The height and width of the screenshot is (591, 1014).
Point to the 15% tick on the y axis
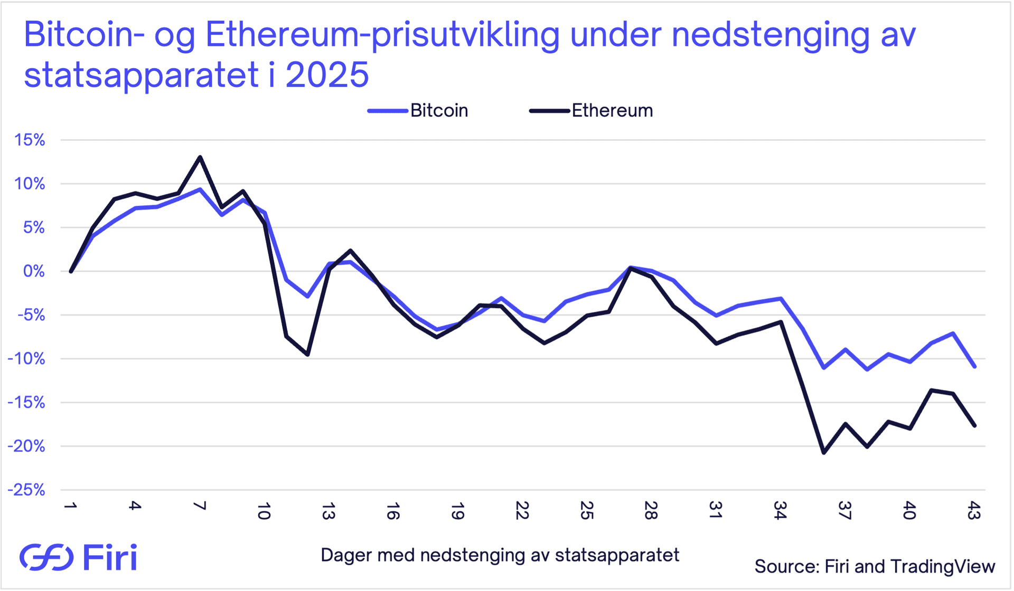click(30, 140)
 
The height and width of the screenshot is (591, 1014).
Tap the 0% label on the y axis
click(34, 271)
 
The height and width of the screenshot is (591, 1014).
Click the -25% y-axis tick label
click(26, 490)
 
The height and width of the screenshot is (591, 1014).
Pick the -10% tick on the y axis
click(26, 359)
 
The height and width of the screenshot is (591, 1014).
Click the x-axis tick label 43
click(974, 511)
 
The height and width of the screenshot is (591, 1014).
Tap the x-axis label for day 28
click(651, 511)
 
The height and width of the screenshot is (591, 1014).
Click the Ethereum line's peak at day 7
click(200, 157)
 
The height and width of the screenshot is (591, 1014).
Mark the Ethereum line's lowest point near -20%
click(824, 453)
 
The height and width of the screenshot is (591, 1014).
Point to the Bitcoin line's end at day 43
click(974, 366)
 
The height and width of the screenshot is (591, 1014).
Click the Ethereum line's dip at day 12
click(307, 355)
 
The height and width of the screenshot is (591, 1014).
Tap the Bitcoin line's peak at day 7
click(200, 189)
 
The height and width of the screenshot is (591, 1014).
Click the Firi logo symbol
click(46, 557)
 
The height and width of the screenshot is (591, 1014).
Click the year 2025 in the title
click(327, 75)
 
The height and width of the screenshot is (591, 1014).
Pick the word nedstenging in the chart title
click(771, 35)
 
